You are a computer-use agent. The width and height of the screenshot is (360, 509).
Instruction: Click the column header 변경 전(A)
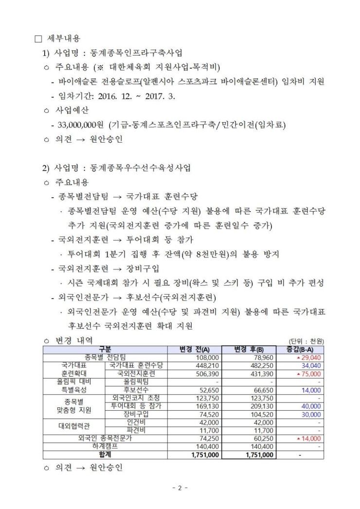coord(194,349)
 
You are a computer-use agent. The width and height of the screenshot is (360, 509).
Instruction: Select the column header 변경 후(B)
coord(248,349)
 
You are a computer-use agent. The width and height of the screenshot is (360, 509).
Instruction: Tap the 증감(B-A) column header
coord(300,349)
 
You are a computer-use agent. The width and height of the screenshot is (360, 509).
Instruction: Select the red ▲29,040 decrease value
coord(308,357)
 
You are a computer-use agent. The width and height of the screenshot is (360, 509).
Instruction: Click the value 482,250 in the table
coord(261,365)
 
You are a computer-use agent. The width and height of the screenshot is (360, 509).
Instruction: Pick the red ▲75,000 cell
coord(308,374)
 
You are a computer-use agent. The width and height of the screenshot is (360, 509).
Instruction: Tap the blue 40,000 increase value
coord(311,406)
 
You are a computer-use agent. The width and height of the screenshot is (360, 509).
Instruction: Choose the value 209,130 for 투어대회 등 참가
coord(261,406)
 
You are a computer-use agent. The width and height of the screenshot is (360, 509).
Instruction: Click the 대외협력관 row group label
coord(74,426)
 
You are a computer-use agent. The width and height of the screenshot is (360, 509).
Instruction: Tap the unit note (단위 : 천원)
coord(306,341)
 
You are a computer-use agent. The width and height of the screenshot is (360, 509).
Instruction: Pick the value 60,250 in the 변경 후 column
coord(263,438)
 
